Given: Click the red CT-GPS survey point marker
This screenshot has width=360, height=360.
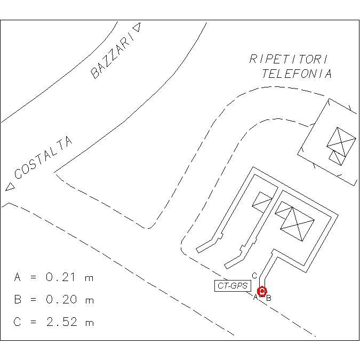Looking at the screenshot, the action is tap(262, 291).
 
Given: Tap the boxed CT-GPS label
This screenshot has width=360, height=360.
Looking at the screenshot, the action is tap(233, 286).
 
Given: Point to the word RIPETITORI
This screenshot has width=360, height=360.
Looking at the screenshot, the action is tap(289, 59).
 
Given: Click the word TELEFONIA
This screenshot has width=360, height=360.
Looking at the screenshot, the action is tap(297, 74).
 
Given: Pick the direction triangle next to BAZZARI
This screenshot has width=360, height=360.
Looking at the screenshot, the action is tap(138, 27).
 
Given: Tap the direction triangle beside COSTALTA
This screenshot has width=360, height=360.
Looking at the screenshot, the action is tap(10, 187).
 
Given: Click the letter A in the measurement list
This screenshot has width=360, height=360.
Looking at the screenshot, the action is tap(18, 277).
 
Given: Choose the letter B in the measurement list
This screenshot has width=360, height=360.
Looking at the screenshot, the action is tap(18, 300).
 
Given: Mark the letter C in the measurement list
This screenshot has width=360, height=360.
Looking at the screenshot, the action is tap(18, 322).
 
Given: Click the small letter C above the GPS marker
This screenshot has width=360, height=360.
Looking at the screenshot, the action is tap(254, 276).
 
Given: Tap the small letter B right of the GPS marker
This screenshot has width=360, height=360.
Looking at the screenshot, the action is tap(269, 298).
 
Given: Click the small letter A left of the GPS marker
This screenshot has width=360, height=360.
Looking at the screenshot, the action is tap(255, 298).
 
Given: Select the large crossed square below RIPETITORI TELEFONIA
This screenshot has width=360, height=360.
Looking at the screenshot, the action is tap(341, 141).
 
